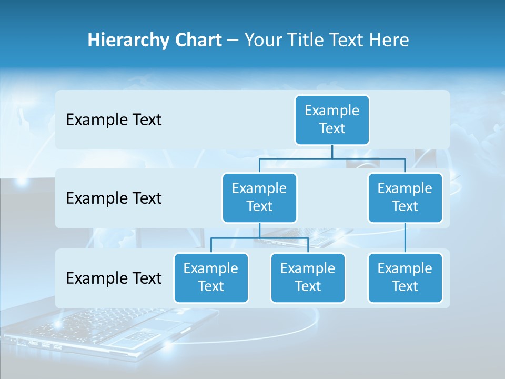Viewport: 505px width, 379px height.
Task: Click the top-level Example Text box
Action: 332,119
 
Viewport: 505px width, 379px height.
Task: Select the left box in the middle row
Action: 259,197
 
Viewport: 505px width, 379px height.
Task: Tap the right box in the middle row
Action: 405,197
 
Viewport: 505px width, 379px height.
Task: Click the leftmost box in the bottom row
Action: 211,277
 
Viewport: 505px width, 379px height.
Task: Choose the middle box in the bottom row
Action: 308,277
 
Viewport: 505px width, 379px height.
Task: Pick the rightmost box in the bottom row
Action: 405,277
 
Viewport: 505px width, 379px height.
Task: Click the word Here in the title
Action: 390,40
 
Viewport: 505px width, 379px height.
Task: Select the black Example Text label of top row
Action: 114,120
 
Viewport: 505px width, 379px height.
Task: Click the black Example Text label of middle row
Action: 114,198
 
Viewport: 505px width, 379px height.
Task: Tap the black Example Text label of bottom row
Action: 114,278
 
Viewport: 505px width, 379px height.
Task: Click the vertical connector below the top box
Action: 332,152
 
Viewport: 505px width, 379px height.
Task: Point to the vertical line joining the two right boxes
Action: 405,238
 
